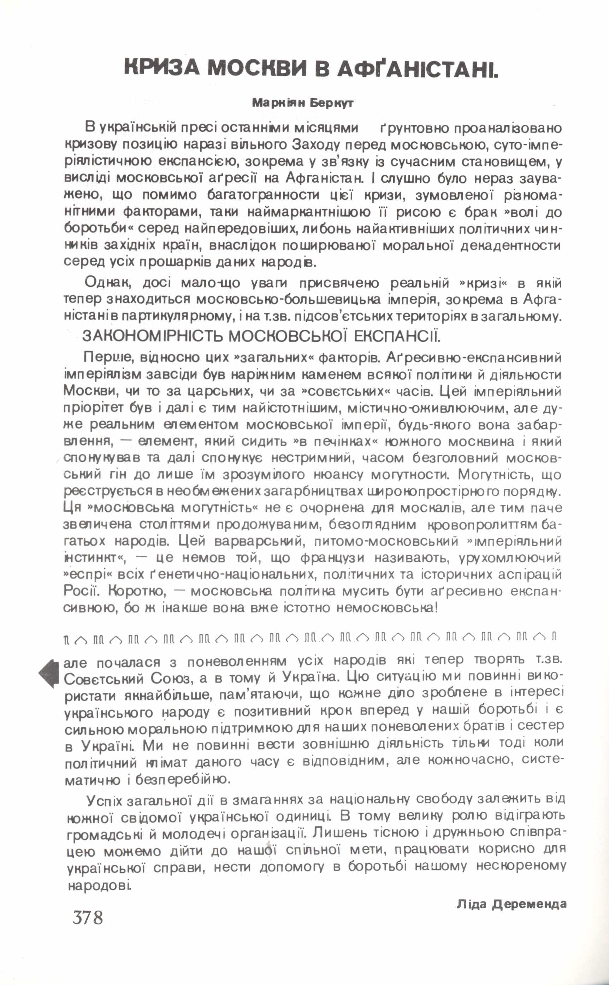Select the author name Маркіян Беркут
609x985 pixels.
click(302, 103)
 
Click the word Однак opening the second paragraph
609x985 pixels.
click(106, 283)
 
